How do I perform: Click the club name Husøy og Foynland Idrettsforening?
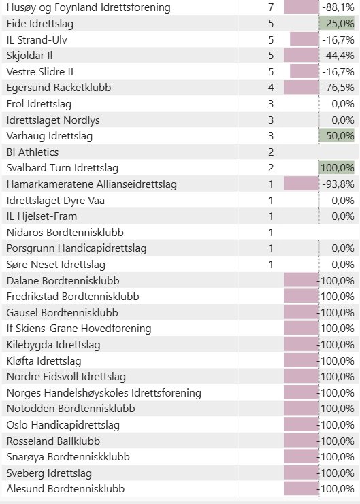click(88, 7)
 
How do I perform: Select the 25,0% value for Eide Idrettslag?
click(340, 23)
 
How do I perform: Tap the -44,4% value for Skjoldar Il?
click(338, 56)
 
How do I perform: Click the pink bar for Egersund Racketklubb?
click(301, 88)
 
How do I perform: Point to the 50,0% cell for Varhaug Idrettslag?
click(340, 135)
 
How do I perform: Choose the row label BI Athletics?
click(33, 152)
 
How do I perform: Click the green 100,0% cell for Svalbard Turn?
click(337, 168)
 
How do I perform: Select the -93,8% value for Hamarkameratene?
click(338, 184)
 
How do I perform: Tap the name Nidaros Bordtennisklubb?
click(65, 233)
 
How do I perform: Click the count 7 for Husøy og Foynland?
click(271, 7)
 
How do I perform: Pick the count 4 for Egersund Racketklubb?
click(271, 88)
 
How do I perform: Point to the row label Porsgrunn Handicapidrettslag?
click(77, 248)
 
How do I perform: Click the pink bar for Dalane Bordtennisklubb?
click(301, 280)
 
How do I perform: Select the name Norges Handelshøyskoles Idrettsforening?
click(104, 392)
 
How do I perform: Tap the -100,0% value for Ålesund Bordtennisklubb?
click(336, 489)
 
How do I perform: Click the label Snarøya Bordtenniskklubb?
click(68, 457)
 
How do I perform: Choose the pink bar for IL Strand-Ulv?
click(304, 39)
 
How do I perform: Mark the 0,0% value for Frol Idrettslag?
click(343, 104)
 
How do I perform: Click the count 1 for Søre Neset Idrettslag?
click(271, 264)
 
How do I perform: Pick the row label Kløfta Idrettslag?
click(44, 361)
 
